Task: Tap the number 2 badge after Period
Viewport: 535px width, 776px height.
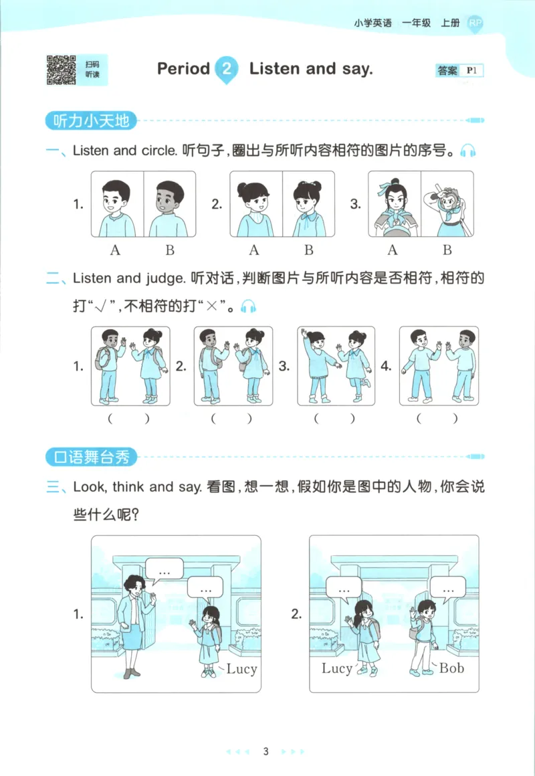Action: [x=227, y=69]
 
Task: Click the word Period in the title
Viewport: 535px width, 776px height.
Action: [x=183, y=68]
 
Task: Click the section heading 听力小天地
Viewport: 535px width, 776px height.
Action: [x=91, y=121]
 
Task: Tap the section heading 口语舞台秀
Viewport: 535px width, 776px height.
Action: [x=91, y=458]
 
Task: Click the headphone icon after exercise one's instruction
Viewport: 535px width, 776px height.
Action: [x=468, y=151]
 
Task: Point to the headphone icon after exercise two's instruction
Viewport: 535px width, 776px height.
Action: [x=249, y=307]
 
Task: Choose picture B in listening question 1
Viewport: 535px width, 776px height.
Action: [x=170, y=204]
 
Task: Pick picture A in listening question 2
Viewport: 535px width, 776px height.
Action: [x=256, y=204]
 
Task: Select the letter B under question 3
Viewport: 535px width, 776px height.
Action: [x=447, y=250]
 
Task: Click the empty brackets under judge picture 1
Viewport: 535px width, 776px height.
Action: [x=130, y=419]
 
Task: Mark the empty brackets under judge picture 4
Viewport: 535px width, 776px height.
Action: [x=439, y=419]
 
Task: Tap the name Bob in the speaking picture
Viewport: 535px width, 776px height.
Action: [x=451, y=668]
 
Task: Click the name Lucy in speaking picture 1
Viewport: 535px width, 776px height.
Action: [x=241, y=668]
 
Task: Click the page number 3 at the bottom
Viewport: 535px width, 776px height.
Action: [x=265, y=751]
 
